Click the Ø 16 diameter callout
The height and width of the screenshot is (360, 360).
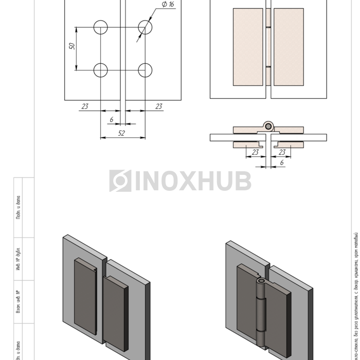(x=168, y=5)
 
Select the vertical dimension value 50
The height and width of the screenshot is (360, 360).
(x=73, y=46)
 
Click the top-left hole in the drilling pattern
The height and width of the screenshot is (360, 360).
(x=101, y=27)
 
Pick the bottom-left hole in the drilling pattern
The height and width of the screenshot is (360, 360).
(x=101, y=70)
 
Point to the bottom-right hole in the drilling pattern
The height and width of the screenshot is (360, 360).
(x=145, y=70)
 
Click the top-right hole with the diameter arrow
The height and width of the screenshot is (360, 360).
(x=145, y=27)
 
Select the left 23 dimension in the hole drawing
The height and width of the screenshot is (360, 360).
(x=85, y=106)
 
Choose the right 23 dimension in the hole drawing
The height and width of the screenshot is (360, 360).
(x=159, y=106)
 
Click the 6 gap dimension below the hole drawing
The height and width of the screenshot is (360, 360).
(x=112, y=120)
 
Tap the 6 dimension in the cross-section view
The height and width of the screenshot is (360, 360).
(x=281, y=163)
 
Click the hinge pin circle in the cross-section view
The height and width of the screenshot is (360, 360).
(x=268, y=127)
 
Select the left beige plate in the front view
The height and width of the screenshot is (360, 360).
(x=248, y=46)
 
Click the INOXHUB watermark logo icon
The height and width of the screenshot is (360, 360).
(x=120, y=181)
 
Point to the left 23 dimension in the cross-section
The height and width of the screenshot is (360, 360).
(x=255, y=152)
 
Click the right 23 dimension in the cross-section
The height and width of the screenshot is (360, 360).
(x=282, y=152)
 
